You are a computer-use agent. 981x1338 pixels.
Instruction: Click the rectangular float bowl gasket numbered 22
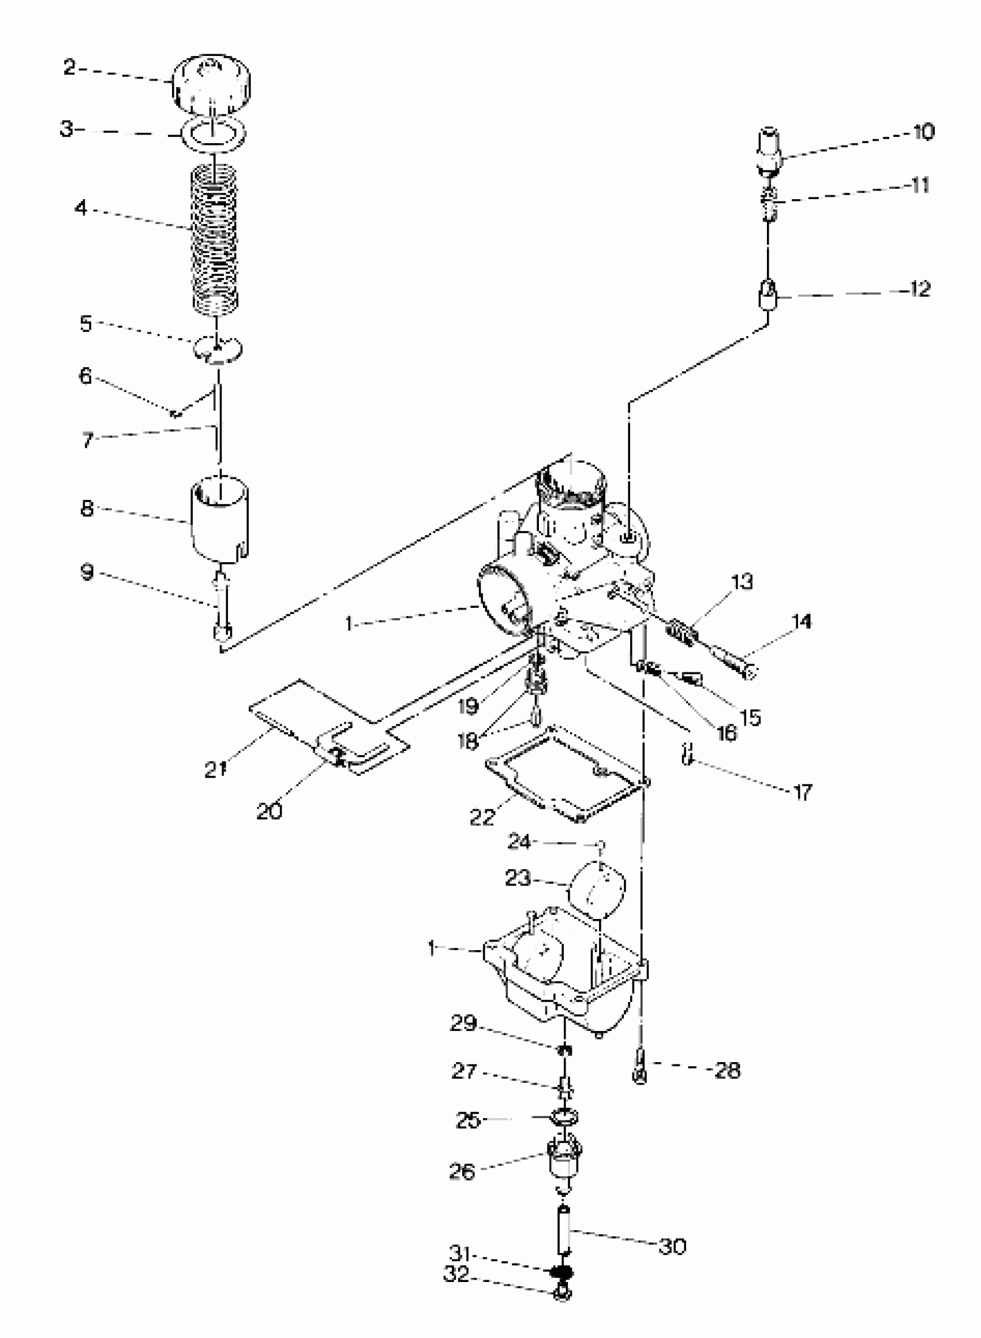(567, 773)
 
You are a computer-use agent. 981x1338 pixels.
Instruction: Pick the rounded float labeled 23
(597, 891)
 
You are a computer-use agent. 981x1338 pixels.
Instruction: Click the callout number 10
(923, 131)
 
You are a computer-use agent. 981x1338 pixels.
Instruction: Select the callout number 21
(216, 769)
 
